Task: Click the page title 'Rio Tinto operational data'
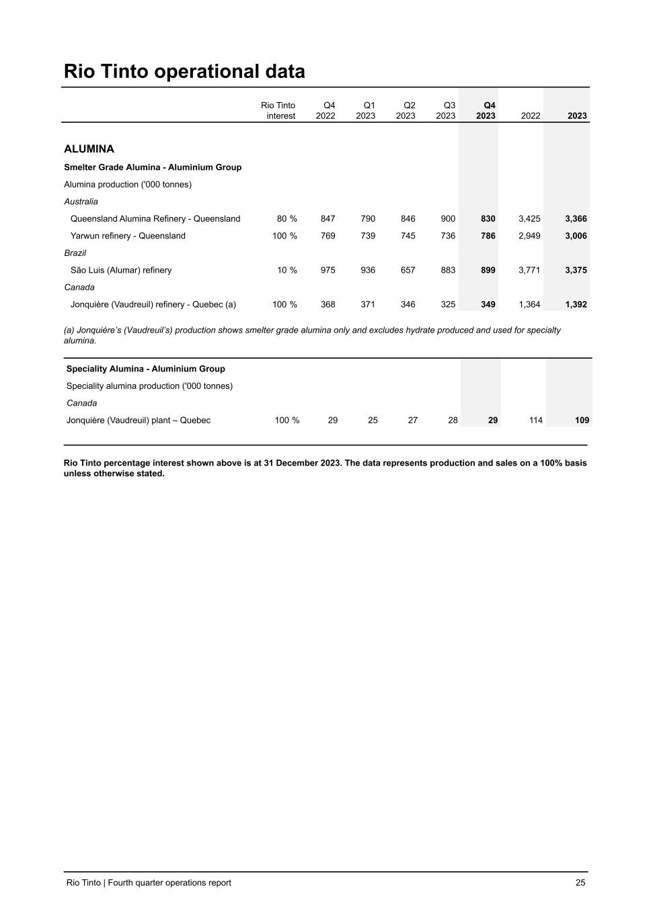point(184,71)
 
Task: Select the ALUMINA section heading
point(89,148)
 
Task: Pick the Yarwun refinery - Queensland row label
point(128,236)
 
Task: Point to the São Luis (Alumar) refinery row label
point(121,270)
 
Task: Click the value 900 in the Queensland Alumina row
point(448,218)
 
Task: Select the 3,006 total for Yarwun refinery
point(576,236)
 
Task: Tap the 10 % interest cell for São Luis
point(287,270)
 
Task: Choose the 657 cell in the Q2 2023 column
point(408,270)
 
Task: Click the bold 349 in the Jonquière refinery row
point(488,304)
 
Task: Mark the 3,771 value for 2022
point(529,270)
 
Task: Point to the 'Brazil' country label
point(75,253)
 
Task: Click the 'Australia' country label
point(81,202)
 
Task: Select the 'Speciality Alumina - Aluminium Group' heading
point(145,369)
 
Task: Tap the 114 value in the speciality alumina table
point(535,420)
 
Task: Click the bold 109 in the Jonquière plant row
point(582,420)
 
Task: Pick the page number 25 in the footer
point(580,883)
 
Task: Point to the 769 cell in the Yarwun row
point(328,236)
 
